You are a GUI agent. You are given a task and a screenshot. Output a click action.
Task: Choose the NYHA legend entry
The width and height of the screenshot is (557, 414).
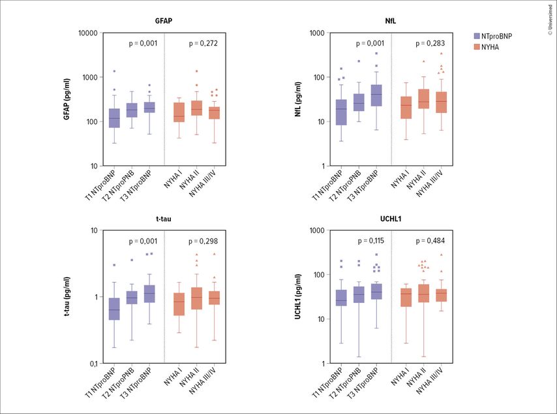pos(494,48)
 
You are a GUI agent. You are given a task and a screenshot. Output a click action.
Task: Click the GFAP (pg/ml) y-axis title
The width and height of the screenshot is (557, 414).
pos(67,99)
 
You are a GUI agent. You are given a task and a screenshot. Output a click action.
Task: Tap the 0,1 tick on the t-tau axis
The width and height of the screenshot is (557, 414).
pos(92,363)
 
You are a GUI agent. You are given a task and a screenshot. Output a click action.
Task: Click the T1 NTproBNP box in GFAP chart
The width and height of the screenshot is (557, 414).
pos(114,118)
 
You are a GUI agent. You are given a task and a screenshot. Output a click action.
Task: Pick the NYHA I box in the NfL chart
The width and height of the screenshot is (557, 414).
pos(406,107)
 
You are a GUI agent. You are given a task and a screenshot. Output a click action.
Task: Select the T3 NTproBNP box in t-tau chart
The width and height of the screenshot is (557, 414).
pos(149,294)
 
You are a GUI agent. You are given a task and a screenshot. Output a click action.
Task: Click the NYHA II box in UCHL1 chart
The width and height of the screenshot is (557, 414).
pos(423,293)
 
